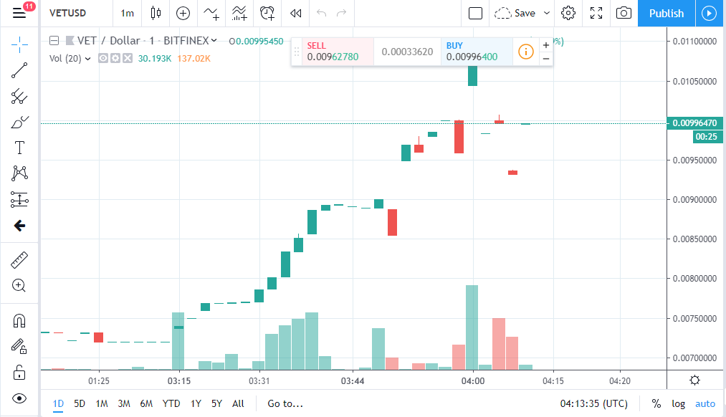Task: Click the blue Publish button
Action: pyautogui.click(x=666, y=13)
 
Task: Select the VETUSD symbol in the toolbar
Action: pyautogui.click(x=68, y=13)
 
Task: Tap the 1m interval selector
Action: pyautogui.click(x=127, y=13)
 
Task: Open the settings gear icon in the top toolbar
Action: pyautogui.click(x=568, y=13)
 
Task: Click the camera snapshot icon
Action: pyautogui.click(x=624, y=13)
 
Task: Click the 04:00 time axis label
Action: pyautogui.click(x=472, y=380)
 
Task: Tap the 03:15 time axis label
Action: pyautogui.click(x=179, y=380)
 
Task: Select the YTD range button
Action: pyautogui.click(x=171, y=403)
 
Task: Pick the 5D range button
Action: pyautogui.click(x=80, y=403)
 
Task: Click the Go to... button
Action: pyautogui.click(x=285, y=403)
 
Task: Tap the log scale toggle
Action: pyautogui.click(x=677, y=403)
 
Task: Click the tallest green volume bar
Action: pyautogui.click(x=472, y=327)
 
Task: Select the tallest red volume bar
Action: pyautogui.click(x=499, y=343)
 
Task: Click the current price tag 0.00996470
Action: pyautogui.click(x=694, y=123)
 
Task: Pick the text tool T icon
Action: pyautogui.click(x=19, y=148)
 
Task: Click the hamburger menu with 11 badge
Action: pyautogui.click(x=19, y=13)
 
